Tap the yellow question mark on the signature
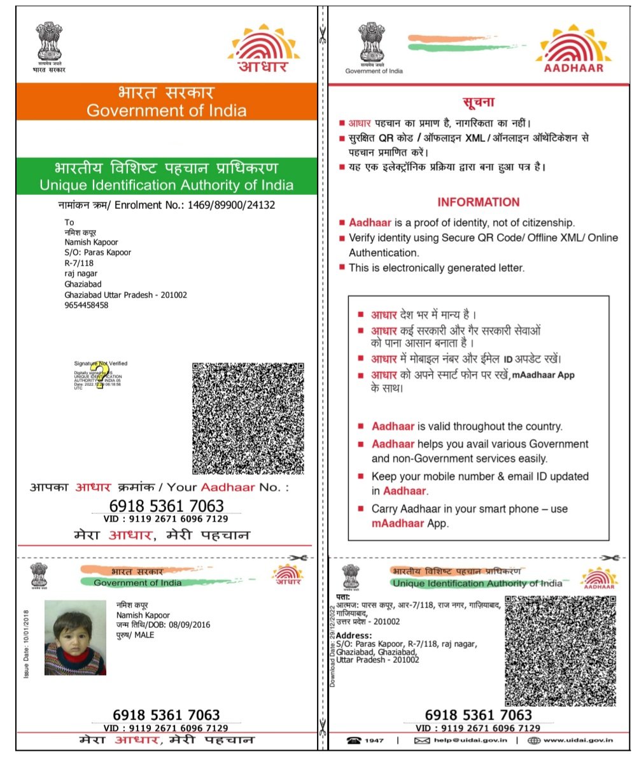click(98, 376)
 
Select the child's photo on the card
click(75, 637)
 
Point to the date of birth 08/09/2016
click(172, 625)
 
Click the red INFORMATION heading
click(478, 203)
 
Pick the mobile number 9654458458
click(87, 305)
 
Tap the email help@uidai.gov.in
click(470, 740)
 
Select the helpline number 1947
click(374, 740)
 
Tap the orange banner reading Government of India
click(166, 102)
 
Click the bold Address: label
click(354, 636)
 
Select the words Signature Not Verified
click(101, 363)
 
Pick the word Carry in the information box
click(384, 509)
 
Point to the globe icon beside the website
click(533, 740)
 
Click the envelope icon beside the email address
click(422, 740)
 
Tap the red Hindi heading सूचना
click(478, 102)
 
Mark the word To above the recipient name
click(69, 222)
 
